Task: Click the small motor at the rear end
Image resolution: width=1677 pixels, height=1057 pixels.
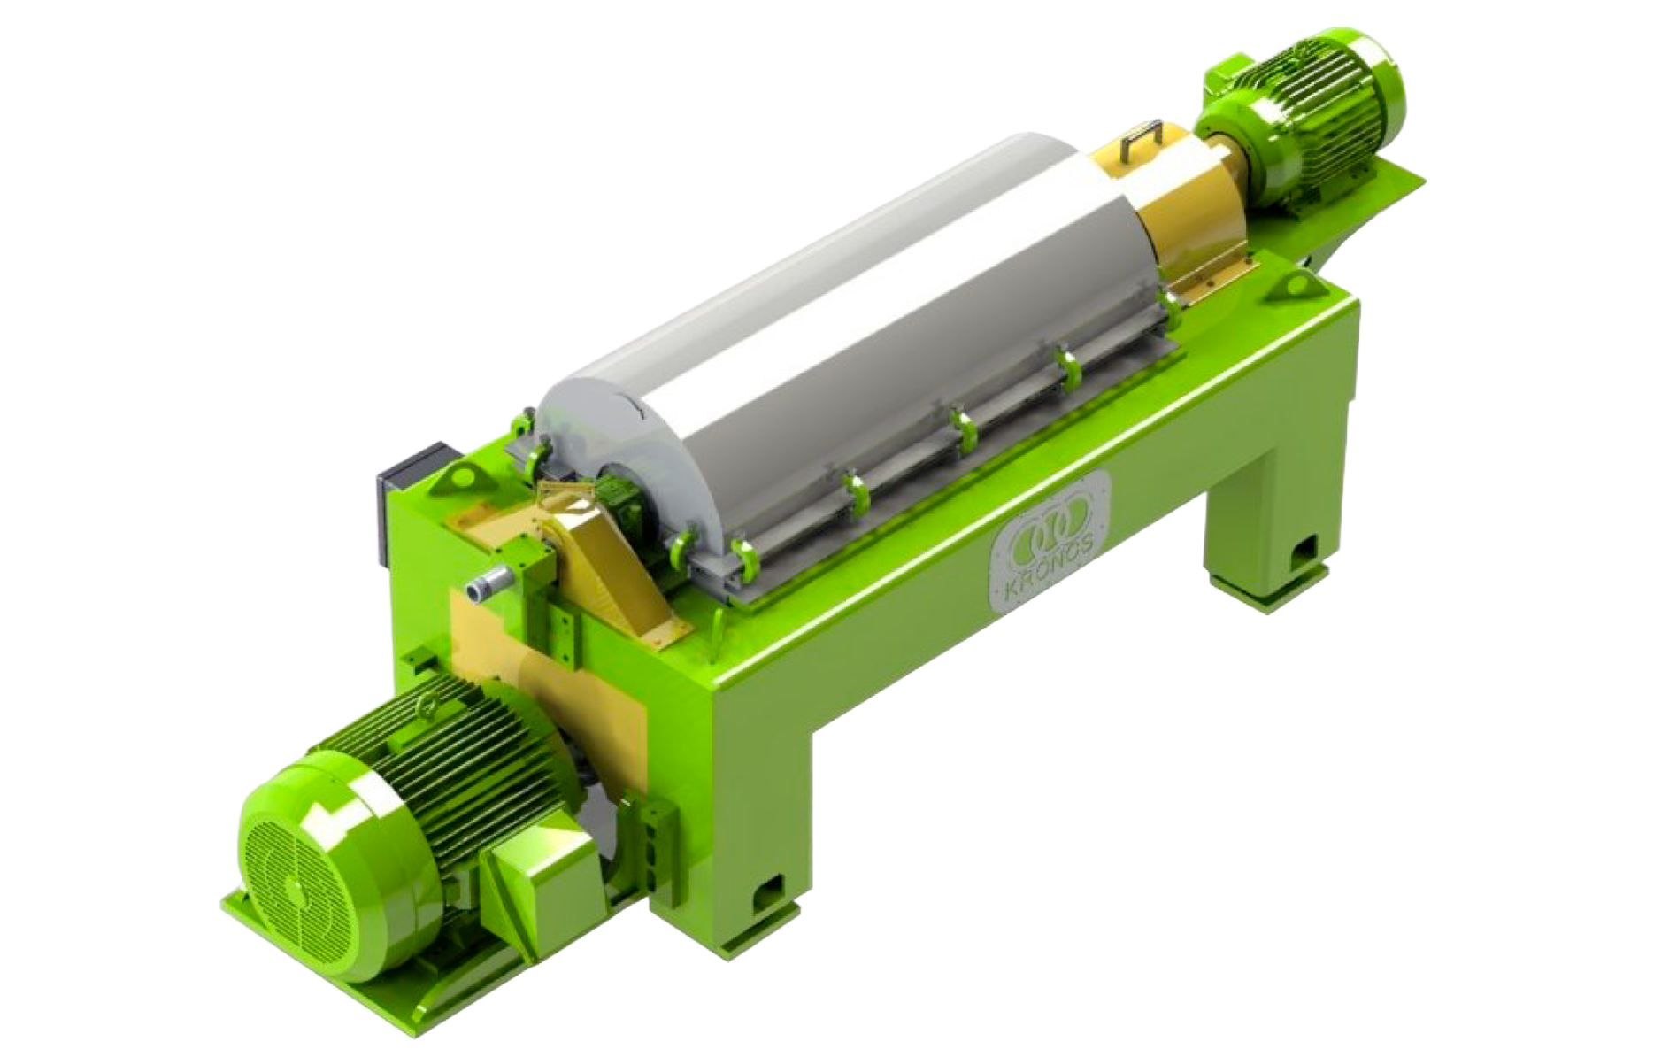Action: pos(1301,115)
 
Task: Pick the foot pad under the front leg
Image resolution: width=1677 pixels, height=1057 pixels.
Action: pos(761,930)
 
